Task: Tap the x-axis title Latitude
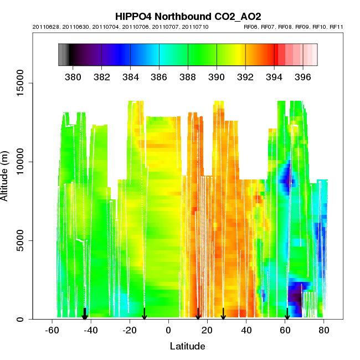pos(187,346)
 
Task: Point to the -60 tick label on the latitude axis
pos(52,330)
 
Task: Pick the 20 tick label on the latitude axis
pos(207,330)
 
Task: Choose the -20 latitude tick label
pos(129,330)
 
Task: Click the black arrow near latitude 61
pos(287,314)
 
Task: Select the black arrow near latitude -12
pos(144,314)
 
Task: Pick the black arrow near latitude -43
pos(85,314)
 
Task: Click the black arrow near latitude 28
pos(223,314)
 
